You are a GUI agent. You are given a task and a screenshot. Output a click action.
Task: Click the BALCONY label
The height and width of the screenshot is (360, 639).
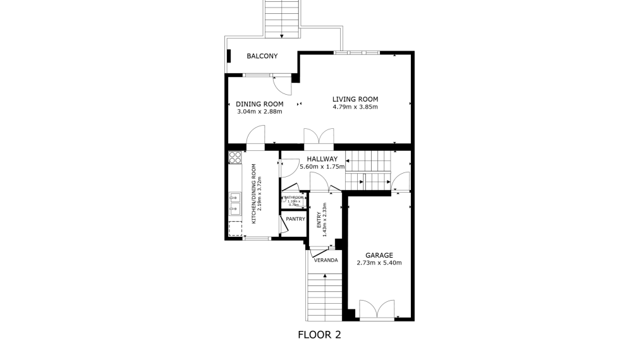[x=262, y=56]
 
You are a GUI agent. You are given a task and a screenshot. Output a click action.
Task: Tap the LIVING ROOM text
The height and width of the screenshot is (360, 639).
[x=355, y=99]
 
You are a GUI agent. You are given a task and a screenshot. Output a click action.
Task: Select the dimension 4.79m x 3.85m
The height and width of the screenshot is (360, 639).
[x=355, y=107]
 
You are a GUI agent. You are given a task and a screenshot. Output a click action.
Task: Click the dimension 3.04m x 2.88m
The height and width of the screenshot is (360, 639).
[x=259, y=111]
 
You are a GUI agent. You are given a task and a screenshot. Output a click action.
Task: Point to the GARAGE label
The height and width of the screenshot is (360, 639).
[x=379, y=255]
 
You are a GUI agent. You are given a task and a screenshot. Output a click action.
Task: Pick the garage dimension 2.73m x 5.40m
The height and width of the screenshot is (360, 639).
[x=379, y=263]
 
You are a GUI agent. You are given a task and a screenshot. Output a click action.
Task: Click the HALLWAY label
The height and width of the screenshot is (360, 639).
[x=322, y=159]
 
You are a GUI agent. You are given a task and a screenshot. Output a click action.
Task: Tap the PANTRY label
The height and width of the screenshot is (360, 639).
[x=295, y=219]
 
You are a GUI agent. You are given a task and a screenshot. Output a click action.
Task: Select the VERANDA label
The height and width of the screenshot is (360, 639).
[x=326, y=260]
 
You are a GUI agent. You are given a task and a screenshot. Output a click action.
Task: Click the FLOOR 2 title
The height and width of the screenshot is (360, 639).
[x=319, y=335]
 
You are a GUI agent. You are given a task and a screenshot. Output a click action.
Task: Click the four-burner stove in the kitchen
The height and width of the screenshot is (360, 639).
[x=235, y=157]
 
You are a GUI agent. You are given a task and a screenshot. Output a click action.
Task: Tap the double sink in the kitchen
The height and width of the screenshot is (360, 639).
[x=234, y=201]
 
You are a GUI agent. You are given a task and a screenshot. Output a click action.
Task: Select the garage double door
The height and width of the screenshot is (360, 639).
[x=376, y=309]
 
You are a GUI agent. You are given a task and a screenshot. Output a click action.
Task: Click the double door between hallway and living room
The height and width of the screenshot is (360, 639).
[x=319, y=137]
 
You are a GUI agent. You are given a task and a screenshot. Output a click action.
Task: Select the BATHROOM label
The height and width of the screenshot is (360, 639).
[x=295, y=198]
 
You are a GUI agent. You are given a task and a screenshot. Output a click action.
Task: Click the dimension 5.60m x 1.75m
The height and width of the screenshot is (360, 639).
[x=322, y=167]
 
